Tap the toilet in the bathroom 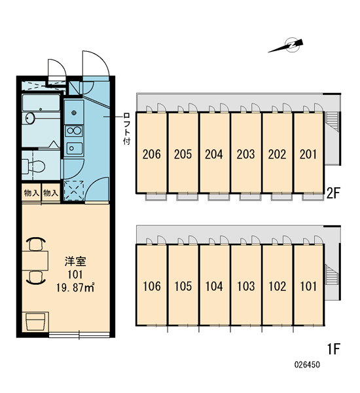click(x=34, y=166)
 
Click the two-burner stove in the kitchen click(x=74, y=131)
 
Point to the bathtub click(x=41, y=103)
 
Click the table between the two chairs click(x=35, y=261)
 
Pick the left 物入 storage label click(x=31, y=193)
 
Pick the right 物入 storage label click(x=50, y=193)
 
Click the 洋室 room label click(x=75, y=261)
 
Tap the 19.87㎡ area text click(x=75, y=288)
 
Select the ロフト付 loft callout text click(x=127, y=129)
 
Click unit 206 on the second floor click(x=152, y=154)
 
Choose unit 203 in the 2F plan click(x=245, y=154)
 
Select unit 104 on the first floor click(x=214, y=286)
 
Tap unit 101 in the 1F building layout click(x=308, y=286)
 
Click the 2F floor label click(x=333, y=193)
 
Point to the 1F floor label click(x=334, y=348)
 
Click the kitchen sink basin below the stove click(x=74, y=149)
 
